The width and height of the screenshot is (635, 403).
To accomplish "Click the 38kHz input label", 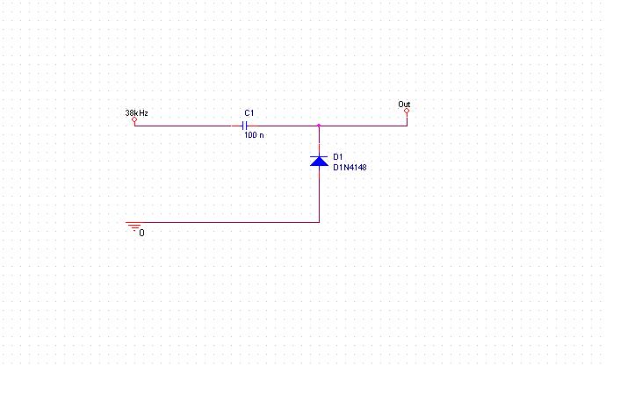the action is click(136, 113).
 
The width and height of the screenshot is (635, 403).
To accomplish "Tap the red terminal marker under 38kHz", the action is click(134, 121).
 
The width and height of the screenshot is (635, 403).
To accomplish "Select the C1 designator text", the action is click(249, 113).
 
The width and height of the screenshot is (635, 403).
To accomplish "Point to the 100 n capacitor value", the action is click(253, 136).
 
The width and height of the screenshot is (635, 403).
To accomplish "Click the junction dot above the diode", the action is click(319, 126).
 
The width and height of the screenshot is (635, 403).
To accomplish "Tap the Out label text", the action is click(404, 105).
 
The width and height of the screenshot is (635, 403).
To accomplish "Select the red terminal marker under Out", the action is click(407, 112).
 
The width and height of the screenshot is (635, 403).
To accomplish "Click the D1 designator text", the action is click(338, 156).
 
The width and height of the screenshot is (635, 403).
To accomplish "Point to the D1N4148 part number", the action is click(350, 166).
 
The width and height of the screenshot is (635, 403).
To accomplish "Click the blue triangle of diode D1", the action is click(319, 162).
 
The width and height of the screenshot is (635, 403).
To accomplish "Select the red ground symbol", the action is click(134, 227).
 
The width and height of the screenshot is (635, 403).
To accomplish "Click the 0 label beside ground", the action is click(142, 233).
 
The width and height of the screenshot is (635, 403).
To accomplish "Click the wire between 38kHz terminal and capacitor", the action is click(184, 126).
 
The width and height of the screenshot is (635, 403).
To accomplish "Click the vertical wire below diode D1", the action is click(319, 195).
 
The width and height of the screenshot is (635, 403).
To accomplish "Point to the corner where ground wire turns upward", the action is click(319, 222).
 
